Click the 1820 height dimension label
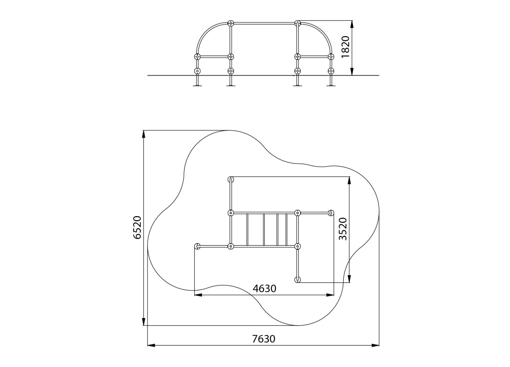(x=345, y=47)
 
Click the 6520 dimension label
(x=138, y=227)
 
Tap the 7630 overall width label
(x=264, y=339)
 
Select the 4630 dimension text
(x=265, y=289)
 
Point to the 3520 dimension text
(x=343, y=229)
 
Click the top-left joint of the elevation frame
(x=231, y=23)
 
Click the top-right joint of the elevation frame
(x=297, y=23)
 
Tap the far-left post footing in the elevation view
(x=197, y=86)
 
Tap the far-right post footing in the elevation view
(x=331, y=86)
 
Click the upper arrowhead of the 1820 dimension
(x=352, y=24)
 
